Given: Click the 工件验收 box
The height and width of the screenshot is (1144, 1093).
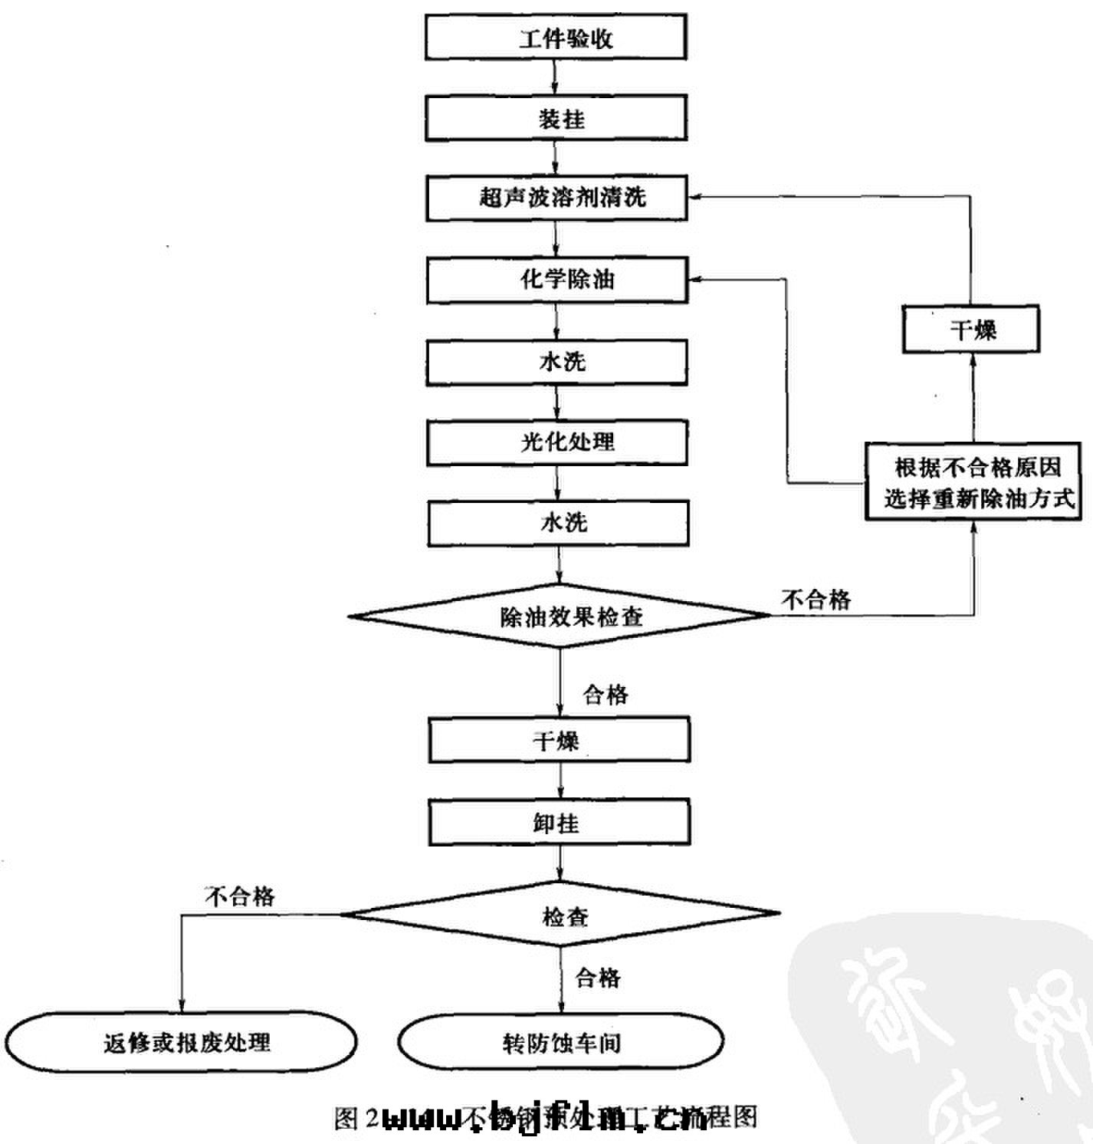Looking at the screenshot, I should point(556,38).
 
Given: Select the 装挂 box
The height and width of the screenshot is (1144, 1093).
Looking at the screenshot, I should point(556,118).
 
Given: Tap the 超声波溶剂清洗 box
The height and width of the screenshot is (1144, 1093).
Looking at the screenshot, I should point(556,198).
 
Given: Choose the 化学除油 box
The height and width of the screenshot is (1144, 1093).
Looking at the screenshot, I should point(557,280).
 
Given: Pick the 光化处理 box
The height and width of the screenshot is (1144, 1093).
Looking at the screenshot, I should point(557,442).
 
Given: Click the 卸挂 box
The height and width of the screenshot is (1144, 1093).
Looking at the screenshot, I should point(559,823).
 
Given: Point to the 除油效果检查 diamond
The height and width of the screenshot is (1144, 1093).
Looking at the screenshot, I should point(560,616).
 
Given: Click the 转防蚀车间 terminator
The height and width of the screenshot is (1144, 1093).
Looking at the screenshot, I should point(561,1042).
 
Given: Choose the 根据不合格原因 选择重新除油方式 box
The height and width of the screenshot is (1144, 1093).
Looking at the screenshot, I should point(973,482).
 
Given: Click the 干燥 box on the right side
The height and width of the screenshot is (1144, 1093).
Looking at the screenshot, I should point(971,330).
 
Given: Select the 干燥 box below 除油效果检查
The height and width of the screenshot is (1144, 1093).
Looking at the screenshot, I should point(559,740).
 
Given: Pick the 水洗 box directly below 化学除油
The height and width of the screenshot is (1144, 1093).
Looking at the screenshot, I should point(557,362).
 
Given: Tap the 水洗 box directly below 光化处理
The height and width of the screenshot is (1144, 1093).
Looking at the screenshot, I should point(558,524).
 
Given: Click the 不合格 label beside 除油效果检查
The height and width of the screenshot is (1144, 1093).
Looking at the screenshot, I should point(816,599).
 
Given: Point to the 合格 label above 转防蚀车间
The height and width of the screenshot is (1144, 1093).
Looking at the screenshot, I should point(597,977).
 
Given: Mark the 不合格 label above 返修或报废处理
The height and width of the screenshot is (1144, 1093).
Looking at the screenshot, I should point(240,896).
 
